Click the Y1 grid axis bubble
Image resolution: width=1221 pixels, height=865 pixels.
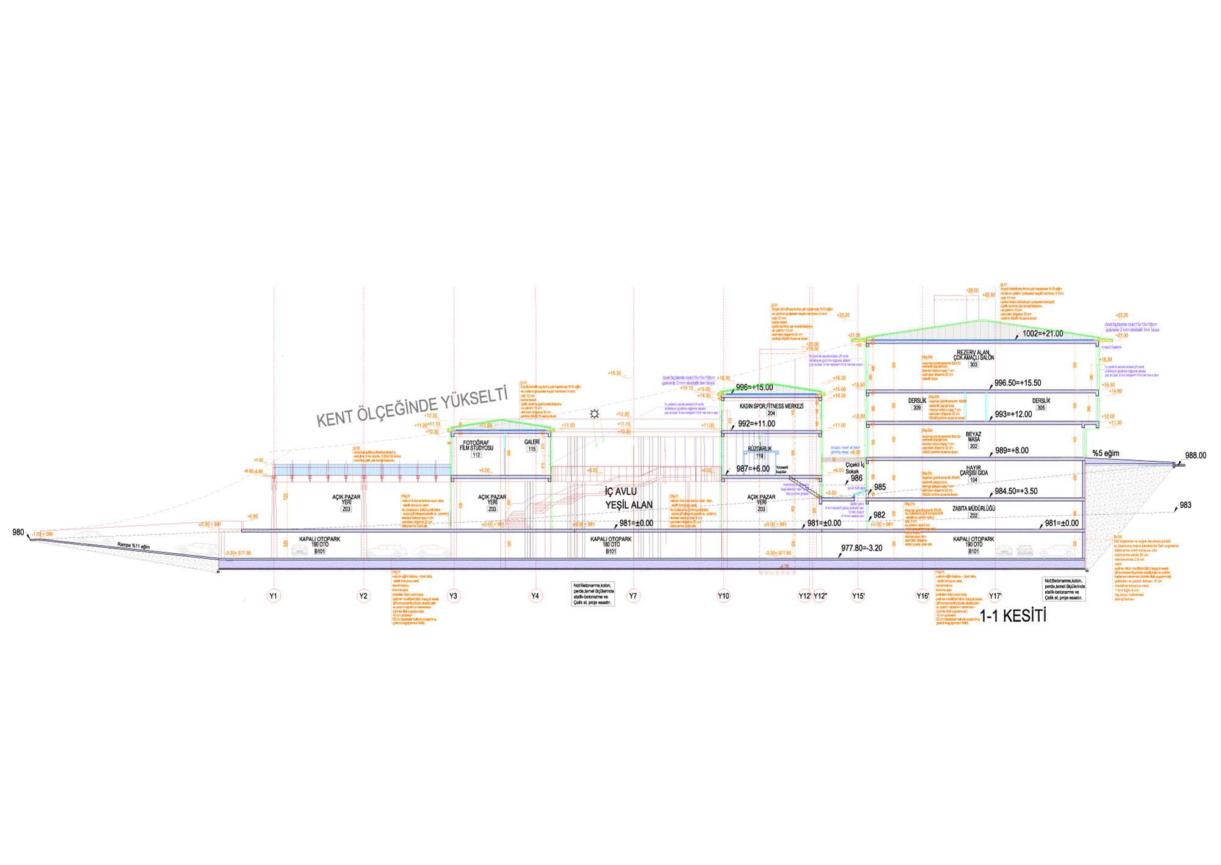tap(274, 596)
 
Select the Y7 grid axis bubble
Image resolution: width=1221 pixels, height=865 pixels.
tap(634, 596)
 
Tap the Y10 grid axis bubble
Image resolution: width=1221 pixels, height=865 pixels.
tap(723, 596)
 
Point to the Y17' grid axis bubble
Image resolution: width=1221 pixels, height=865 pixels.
tap(996, 596)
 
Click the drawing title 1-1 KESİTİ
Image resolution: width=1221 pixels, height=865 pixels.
tap(1013, 616)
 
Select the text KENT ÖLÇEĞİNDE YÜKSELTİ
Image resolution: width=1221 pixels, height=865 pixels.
tap(412, 406)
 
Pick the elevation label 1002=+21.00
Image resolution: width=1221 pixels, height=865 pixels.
tap(1043, 334)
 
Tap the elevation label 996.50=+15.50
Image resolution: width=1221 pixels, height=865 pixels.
tap(1018, 383)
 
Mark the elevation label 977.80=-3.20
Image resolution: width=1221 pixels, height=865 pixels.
tap(862, 548)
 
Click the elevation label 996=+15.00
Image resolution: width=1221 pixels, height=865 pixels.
tap(755, 387)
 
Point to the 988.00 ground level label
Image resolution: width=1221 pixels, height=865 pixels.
tap(1196, 455)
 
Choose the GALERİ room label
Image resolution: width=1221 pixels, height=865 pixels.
tap(532, 442)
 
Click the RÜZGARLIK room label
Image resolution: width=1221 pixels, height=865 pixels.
tap(759, 448)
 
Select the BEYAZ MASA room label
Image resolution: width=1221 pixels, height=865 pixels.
tap(973, 438)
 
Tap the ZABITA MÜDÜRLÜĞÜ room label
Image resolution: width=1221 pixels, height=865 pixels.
tap(974, 508)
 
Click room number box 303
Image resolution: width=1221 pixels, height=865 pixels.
tap(973, 365)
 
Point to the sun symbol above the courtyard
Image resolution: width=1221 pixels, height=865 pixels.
tap(594, 415)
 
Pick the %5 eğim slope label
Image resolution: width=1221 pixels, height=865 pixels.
tap(1106, 453)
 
